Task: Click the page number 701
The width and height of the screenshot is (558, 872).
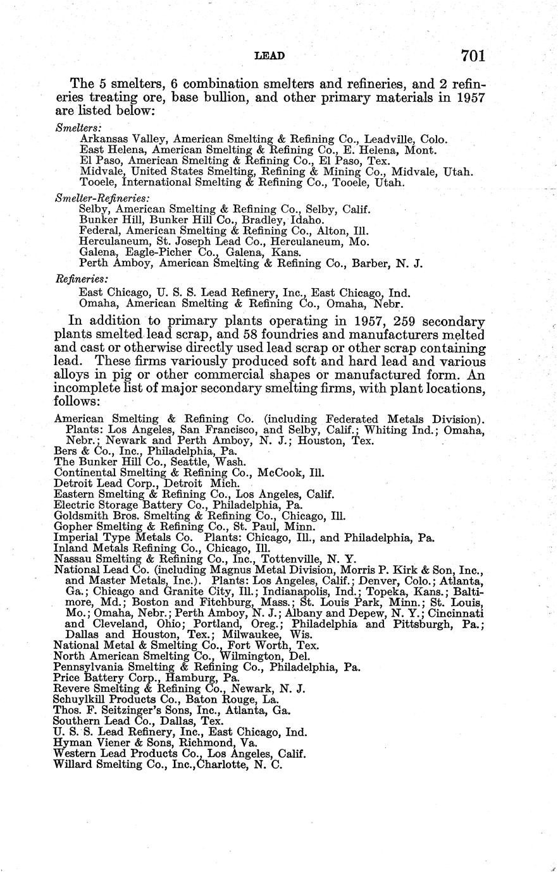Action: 473,56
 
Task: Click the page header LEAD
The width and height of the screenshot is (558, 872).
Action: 270,56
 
